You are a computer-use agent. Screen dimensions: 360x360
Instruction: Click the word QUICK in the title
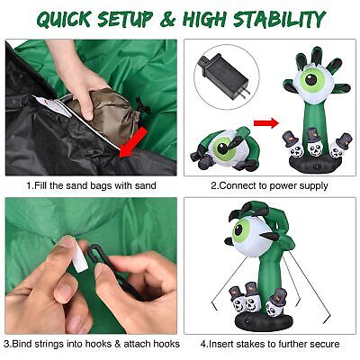[64, 19]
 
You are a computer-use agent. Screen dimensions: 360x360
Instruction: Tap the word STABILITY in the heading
[280, 19]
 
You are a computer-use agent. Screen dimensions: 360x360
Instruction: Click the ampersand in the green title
[167, 20]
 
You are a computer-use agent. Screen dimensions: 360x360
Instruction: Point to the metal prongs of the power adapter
[245, 92]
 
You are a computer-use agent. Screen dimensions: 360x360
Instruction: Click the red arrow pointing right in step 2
[266, 122]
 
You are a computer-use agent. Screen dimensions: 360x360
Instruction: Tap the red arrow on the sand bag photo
[133, 141]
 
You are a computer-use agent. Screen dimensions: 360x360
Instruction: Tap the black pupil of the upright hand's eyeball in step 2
[310, 79]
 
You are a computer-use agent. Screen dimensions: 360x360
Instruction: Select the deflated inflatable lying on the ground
[224, 149]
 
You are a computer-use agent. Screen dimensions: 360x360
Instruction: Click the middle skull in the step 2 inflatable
[313, 143]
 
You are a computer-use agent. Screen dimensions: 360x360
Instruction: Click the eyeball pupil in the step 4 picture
[238, 230]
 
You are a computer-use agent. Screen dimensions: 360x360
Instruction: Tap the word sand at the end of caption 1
[145, 185]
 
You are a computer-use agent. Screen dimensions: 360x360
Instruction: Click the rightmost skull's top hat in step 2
[344, 139]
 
